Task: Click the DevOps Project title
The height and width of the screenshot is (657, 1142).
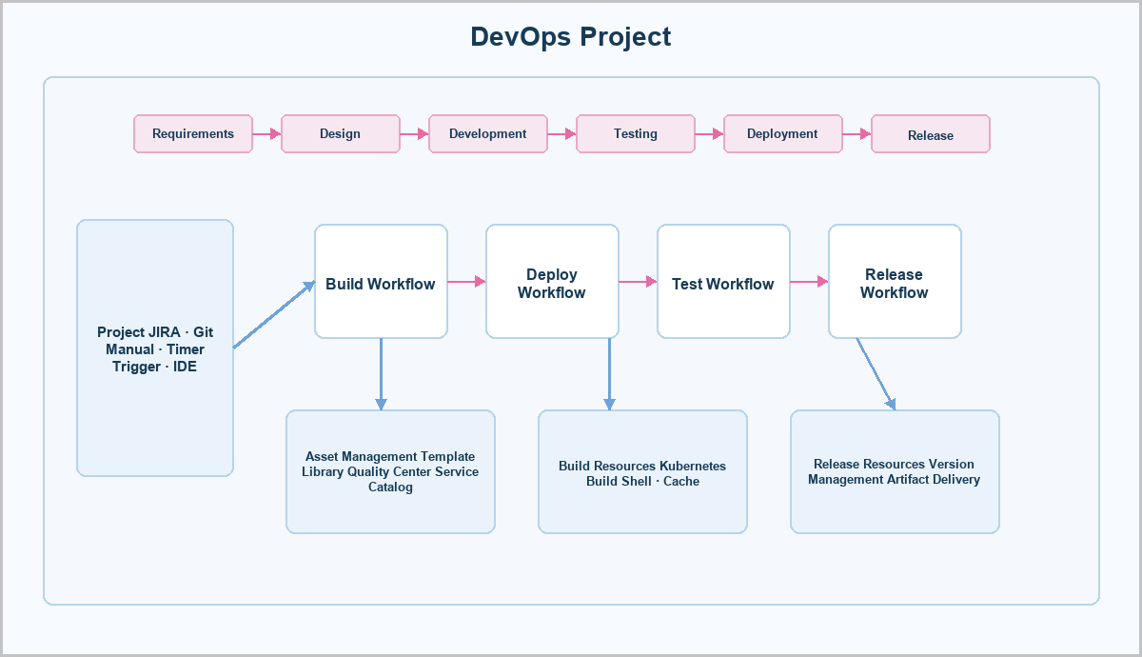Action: click(570, 37)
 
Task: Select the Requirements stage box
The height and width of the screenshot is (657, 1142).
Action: click(193, 133)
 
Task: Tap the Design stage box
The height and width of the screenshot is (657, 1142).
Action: click(341, 133)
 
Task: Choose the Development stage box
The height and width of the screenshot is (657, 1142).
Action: click(488, 133)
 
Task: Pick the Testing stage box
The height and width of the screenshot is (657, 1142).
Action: click(636, 133)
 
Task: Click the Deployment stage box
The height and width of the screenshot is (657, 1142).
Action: click(783, 133)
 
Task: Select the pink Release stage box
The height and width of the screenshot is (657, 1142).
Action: click(931, 133)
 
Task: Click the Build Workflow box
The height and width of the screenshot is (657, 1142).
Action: click(381, 281)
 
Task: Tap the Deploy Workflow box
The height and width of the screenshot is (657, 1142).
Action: click(552, 281)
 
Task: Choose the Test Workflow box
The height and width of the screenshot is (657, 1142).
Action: click(723, 281)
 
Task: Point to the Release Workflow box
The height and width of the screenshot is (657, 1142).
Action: click(895, 281)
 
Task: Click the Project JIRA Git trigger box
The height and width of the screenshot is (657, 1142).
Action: click(155, 348)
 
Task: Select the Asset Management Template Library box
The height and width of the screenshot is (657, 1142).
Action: click(390, 472)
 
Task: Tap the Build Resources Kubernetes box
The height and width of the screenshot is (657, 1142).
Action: click(643, 472)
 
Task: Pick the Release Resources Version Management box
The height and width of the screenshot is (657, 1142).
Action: click(895, 472)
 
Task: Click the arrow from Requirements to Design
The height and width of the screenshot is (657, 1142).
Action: click(266, 133)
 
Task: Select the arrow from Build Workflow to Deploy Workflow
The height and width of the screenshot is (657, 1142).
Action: click(466, 281)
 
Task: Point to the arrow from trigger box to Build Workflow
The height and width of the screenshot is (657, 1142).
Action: click(274, 314)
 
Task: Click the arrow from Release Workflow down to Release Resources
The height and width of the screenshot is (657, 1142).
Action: click(876, 374)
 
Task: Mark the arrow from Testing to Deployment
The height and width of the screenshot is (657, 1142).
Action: click(709, 133)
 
